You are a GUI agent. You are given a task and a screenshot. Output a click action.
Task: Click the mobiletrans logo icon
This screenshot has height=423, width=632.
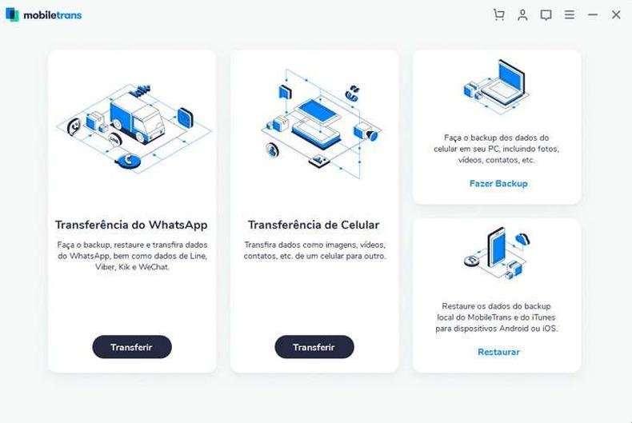pyautogui.click(x=12, y=15)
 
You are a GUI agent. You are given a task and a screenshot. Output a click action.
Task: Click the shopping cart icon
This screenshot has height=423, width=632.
pyautogui.click(x=499, y=15)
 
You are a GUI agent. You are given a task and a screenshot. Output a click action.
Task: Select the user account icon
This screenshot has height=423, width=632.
pyautogui.click(x=522, y=15)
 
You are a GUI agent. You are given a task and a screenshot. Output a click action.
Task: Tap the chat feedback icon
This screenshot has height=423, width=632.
pyautogui.click(x=546, y=15)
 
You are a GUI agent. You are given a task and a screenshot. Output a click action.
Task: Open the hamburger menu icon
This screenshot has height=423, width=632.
pyautogui.click(x=569, y=15)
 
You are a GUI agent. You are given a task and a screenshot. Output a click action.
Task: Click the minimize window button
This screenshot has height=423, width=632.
pyautogui.click(x=593, y=15)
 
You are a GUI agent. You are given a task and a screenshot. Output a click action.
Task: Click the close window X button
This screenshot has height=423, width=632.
pyautogui.click(x=616, y=15)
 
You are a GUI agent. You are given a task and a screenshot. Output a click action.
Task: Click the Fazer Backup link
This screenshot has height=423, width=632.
pyautogui.click(x=498, y=184)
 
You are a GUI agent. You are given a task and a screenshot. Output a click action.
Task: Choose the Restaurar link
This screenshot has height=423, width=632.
pyautogui.click(x=498, y=352)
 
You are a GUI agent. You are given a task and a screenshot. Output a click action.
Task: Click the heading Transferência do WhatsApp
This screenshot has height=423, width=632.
pyautogui.click(x=131, y=225)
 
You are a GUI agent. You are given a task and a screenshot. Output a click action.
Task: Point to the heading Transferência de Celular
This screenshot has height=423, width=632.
pyautogui.click(x=314, y=225)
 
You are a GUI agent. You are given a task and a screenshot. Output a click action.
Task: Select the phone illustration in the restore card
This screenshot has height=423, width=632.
pyautogui.click(x=497, y=247)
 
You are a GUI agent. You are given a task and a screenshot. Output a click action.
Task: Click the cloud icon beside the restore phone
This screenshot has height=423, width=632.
pyautogui.click(x=522, y=238)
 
